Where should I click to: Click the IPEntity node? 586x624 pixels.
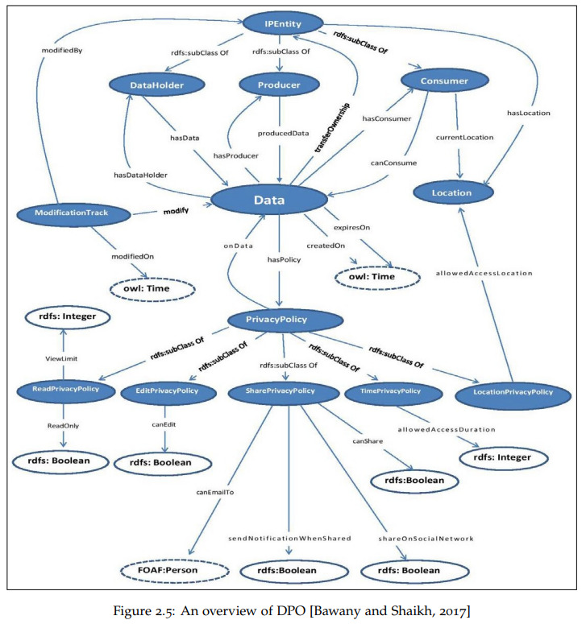click(x=283, y=24)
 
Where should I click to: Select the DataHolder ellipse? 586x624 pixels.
click(x=156, y=85)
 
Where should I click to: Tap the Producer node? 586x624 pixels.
click(x=279, y=85)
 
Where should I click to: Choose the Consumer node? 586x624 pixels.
click(x=445, y=81)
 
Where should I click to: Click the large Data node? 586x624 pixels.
click(x=269, y=200)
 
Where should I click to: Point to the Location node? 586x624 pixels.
click(x=453, y=193)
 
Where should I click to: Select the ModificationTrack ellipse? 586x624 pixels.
click(x=73, y=213)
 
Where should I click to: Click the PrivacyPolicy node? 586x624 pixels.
click(x=285, y=320)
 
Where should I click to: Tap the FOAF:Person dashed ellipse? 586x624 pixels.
click(x=174, y=571)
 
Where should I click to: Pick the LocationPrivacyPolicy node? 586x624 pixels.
click(x=513, y=392)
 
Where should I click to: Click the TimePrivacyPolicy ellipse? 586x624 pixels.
click(x=393, y=391)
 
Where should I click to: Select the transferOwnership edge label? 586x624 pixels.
click(x=332, y=128)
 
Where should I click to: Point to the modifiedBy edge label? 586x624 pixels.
click(x=62, y=51)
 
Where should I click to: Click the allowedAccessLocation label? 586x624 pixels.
click(x=484, y=273)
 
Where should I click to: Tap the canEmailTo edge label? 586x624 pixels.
click(x=215, y=492)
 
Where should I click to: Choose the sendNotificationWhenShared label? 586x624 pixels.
click(x=289, y=539)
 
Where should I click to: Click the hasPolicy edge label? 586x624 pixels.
click(x=284, y=260)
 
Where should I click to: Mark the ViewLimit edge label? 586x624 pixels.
click(x=61, y=358)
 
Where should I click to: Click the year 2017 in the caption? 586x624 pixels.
click(x=451, y=610)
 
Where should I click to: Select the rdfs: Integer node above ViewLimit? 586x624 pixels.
click(x=68, y=316)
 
